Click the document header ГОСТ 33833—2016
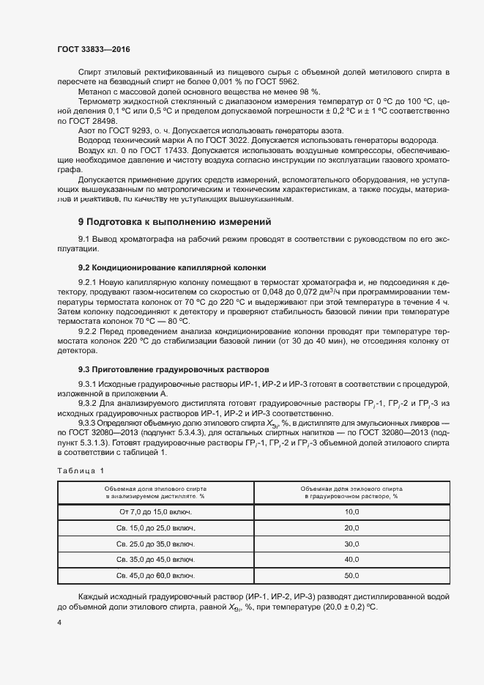(94, 49)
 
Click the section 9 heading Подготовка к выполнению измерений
(174, 221)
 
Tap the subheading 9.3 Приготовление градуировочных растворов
(174, 369)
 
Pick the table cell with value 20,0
(351, 527)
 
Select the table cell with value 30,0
(351, 544)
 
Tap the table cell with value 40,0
(351, 560)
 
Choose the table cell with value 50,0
(351, 576)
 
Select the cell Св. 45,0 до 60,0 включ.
(155, 576)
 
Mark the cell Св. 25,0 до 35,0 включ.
(155, 544)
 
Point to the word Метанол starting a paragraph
(94, 92)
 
